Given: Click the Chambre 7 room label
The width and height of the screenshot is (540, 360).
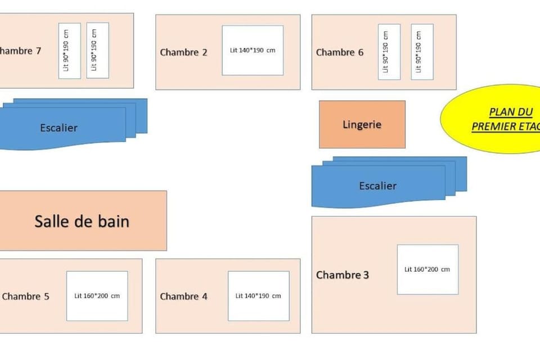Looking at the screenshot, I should [x=20, y=51].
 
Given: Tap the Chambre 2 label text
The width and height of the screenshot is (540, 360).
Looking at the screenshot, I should [x=183, y=52].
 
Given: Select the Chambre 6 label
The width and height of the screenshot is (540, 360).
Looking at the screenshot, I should [x=340, y=52].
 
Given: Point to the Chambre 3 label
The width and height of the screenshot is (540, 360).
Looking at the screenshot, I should [x=343, y=275].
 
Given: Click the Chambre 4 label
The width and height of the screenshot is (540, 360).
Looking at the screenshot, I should [x=183, y=296].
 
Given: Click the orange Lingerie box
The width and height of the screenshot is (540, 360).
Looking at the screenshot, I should [x=362, y=124].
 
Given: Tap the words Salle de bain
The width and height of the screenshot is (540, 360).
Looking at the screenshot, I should [x=82, y=221].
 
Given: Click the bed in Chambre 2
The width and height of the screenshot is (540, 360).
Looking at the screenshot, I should [x=253, y=50].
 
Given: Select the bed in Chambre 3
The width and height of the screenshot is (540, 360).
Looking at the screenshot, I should [x=427, y=269].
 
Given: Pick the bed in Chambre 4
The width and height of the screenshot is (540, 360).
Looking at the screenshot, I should [x=258, y=296].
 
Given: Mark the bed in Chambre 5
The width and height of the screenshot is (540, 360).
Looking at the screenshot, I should [x=97, y=296].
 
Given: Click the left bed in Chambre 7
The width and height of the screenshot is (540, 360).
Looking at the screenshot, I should [x=70, y=51].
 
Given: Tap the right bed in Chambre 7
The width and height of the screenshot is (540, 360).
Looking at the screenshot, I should [x=98, y=51].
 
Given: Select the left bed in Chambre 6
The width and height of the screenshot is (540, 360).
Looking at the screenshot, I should [x=389, y=52].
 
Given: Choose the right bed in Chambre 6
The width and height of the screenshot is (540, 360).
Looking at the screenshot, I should [x=422, y=52].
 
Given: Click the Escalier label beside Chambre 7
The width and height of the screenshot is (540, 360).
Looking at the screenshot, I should [x=58, y=128].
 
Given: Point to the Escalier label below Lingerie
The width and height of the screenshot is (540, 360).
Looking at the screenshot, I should [x=377, y=186].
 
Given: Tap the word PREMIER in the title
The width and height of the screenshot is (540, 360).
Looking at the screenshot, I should [x=495, y=127].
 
